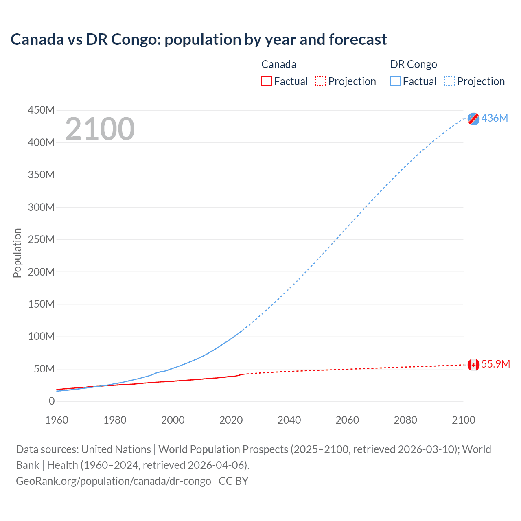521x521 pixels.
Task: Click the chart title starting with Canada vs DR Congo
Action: pos(199,39)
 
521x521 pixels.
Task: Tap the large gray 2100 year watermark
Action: pos(100,129)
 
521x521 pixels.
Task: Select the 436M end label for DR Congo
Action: pos(495,118)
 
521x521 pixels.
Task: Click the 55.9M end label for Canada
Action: pos(495,364)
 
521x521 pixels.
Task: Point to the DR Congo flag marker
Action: pos(473,118)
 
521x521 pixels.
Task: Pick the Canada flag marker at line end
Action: pos(473,365)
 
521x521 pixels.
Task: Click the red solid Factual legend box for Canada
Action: pos(266,81)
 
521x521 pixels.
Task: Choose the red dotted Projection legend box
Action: pos(321,81)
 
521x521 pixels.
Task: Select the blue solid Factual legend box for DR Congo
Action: pos(395,81)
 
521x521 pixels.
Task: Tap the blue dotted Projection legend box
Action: pos(450,81)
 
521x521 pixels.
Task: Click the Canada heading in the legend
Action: pos(278,64)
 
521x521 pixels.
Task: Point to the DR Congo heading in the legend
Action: pos(413,64)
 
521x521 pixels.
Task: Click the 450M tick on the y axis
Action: pos(41,110)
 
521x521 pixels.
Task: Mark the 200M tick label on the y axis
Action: pos(41,272)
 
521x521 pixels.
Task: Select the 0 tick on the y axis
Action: pos(52,401)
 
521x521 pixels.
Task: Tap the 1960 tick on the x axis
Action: pos(57,420)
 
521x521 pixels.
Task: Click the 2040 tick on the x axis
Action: pos(289,420)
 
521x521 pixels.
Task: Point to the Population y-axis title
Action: pos(17,253)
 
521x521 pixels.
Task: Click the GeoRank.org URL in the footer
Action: pos(113,481)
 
